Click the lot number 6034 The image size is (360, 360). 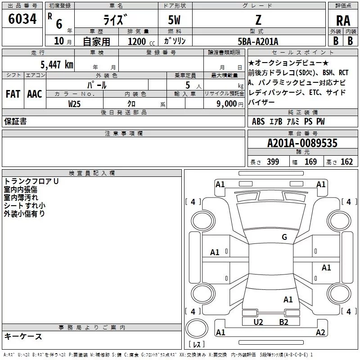(x=22, y=19)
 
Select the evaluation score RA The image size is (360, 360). (x=343, y=21)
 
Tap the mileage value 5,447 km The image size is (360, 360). (x=57, y=64)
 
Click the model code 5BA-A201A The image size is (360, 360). (x=258, y=41)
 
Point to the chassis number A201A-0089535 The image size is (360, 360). (x=302, y=143)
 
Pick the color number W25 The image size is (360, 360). (x=74, y=104)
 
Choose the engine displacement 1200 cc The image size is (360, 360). (x=141, y=41)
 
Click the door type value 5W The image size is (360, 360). (x=174, y=20)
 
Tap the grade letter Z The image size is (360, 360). (x=258, y=20)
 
